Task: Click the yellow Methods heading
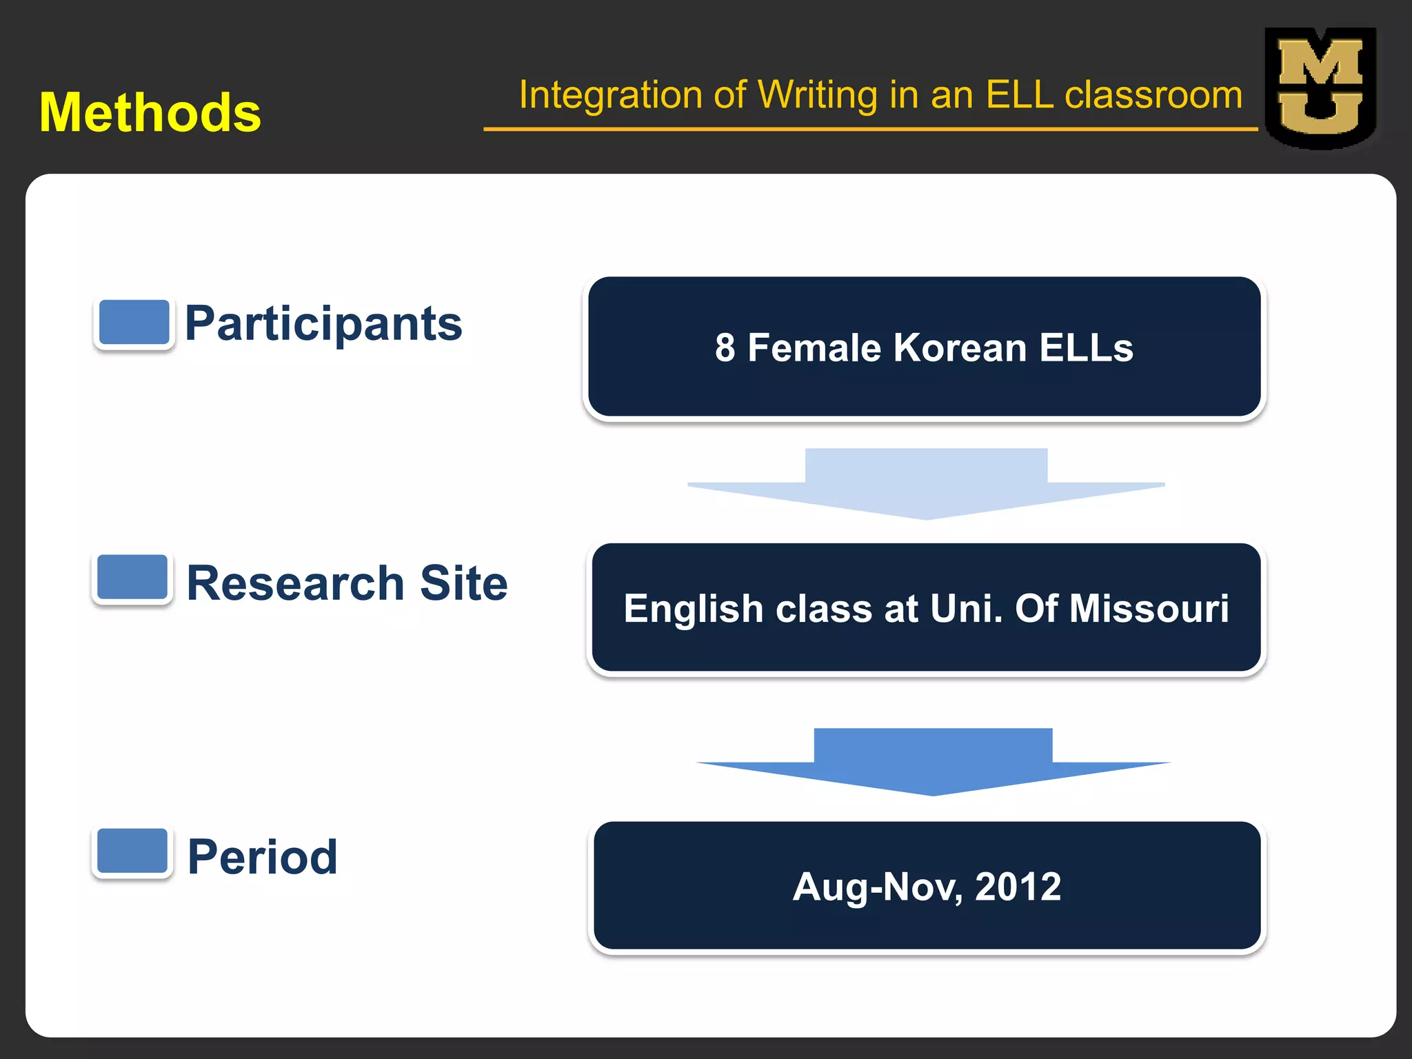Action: pyautogui.click(x=150, y=112)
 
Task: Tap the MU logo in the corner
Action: pyautogui.click(x=1320, y=88)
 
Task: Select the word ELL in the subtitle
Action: pyautogui.click(x=1019, y=95)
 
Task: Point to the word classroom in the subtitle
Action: pyautogui.click(x=1153, y=95)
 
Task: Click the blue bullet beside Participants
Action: pyautogui.click(x=134, y=322)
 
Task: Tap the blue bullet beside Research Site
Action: pyautogui.click(x=132, y=577)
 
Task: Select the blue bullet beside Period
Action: pyautogui.click(x=132, y=851)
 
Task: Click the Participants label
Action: pyautogui.click(x=323, y=324)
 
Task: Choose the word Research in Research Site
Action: pyautogui.click(x=295, y=583)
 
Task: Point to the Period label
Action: pyautogui.click(x=263, y=857)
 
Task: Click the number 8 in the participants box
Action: pyautogui.click(x=725, y=347)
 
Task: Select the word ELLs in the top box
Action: pyautogui.click(x=1086, y=347)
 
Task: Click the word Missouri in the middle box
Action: pyautogui.click(x=1149, y=608)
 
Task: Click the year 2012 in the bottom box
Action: pyautogui.click(x=1018, y=887)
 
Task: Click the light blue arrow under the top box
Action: pyautogui.click(x=926, y=483)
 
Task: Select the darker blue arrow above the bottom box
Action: pyautogui.click(x=933, y=761)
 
